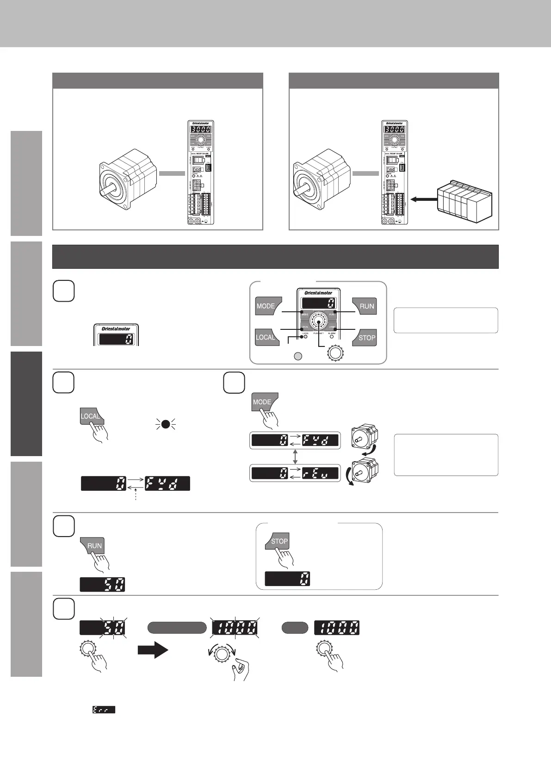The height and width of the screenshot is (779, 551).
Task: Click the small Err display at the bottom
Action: tap(104, 709)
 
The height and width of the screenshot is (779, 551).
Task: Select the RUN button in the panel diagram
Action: tap(365, 306)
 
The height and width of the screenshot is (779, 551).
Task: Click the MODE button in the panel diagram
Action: tap(267, 306)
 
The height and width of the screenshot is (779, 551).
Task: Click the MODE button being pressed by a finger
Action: tap(262, 402)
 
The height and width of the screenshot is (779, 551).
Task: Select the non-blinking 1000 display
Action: tap(337, 628)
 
